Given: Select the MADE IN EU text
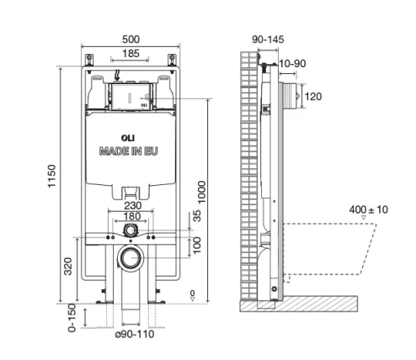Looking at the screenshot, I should tap(129, 151).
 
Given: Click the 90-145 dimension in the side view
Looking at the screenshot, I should tap(266, 38).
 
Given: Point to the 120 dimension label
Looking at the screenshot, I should tap(312, 97).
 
